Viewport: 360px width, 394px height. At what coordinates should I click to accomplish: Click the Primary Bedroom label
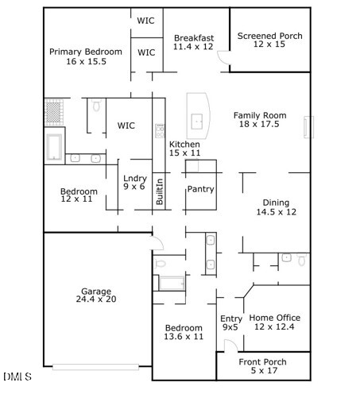(x=86, y=52)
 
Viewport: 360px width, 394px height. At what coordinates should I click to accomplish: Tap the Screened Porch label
(x=269, y=37)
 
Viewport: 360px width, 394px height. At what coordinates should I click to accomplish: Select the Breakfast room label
(x=194, y=37)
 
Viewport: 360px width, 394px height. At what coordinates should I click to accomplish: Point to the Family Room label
(x=256, y=116)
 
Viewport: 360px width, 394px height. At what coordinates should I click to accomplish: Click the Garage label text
(x=96, y=292)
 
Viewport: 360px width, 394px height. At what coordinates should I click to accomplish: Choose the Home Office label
(x=274, y=317)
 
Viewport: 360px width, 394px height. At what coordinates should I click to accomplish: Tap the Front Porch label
(x=263, y=362)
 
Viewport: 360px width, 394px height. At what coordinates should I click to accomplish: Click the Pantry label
(x=201, y=189)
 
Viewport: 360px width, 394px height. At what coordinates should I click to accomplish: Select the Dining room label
(x=276, y=203)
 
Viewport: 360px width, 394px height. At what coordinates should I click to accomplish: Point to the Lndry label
(x=134, y=178)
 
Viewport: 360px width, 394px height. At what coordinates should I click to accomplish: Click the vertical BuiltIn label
(x=160, y=193)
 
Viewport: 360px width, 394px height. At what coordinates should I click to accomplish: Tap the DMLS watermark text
(x=17, y=376)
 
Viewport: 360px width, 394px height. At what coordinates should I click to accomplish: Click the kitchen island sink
(x=197, y=122)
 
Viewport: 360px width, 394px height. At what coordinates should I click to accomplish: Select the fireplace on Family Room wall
(x=308, y=127)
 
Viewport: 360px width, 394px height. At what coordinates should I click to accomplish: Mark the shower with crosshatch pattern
(x=53, y=110)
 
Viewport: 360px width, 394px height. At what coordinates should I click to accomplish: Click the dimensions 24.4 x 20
(x=96, y=300)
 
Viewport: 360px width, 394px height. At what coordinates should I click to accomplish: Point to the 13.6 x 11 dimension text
(x=184, y=337)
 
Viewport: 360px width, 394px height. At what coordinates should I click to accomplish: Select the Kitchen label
(x=184, y=145)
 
